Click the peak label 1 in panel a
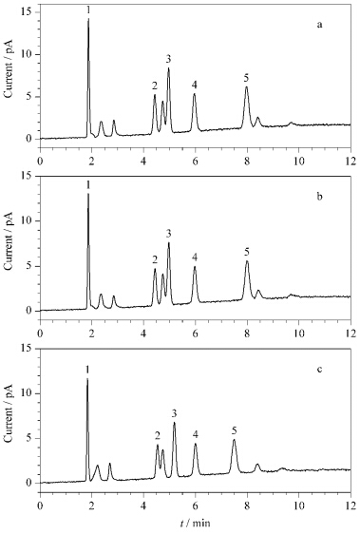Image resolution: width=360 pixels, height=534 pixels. (88, 10)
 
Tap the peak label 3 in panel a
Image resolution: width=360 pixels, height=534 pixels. (168, 59)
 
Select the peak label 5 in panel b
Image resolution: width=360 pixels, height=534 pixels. (247, 252)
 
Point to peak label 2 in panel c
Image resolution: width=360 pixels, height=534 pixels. (158, 435)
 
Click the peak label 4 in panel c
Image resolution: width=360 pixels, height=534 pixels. (196, 434)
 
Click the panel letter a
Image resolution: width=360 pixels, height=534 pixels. (319, 25)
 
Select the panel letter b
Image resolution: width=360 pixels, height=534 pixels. (319, 197)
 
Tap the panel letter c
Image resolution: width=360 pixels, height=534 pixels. (319, 370)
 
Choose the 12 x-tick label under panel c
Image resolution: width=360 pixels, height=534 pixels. (351, 504)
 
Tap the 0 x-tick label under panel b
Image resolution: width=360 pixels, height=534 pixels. (40, 333)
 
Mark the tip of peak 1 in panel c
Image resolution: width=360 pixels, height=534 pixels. (87, 378)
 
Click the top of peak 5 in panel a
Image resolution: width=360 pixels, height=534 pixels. (247, 86)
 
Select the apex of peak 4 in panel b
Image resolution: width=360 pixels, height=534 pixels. (195, 266)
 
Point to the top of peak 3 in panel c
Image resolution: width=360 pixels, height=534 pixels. (175, 422)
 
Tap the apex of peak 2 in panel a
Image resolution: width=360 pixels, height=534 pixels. (155, 95)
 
